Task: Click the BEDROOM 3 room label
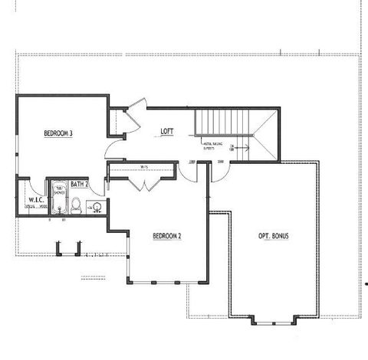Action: point(58,133)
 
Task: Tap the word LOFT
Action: point(167,131)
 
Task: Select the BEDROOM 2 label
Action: point(166,235)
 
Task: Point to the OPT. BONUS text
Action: point(274,235)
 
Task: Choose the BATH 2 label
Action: point(80,185)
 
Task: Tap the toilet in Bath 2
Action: point(76,205)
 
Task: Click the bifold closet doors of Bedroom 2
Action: point(145,182)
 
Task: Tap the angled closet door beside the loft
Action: point(133,112)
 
